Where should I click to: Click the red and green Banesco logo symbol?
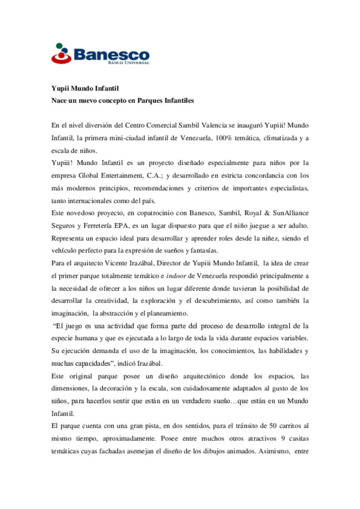point(61,54)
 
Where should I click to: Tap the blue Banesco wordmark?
point(111,54)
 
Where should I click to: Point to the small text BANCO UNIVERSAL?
point(128,63)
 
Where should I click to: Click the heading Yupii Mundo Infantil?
point(85,88)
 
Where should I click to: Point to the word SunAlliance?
point(290,213)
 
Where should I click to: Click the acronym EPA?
point(121,226)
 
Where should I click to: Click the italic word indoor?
point(176,276)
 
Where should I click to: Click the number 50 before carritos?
point(273,426)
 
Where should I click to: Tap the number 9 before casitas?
point(283,439)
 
